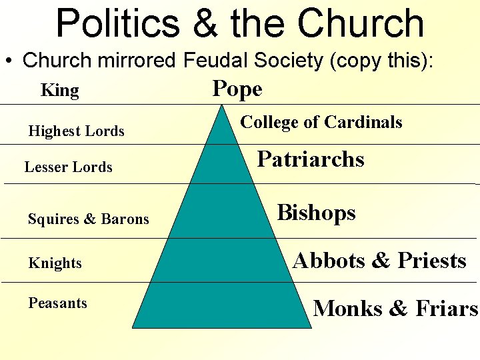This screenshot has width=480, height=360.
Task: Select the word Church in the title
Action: [361, 23]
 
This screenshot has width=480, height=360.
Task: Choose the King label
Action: [60, 91]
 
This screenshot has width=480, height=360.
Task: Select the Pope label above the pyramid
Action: [237, 89]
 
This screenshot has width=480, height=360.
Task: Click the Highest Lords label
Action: [76, 131]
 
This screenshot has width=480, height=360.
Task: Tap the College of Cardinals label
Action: [321, 122]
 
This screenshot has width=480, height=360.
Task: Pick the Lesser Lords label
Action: [68, 167]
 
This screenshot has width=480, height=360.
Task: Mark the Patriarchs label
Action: [311, 159]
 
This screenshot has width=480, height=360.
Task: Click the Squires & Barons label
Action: [89, 219]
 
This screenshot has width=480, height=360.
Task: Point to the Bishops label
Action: [316, 213]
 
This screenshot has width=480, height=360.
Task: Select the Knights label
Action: [55, 263]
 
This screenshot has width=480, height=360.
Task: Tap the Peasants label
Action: [57, 303]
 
